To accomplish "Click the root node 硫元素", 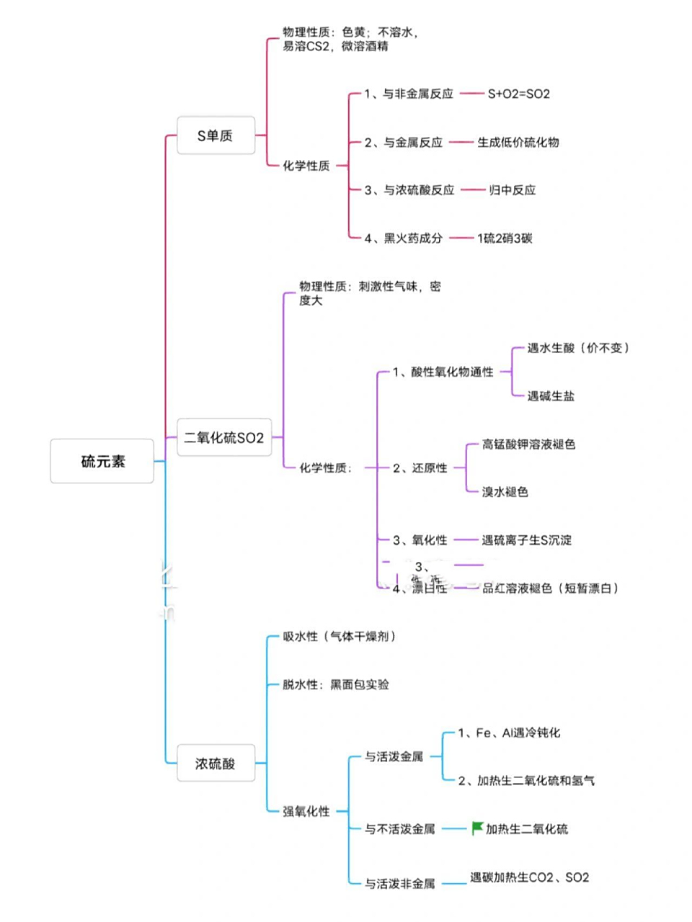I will coord(102,461).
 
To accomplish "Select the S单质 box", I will coord(216,135).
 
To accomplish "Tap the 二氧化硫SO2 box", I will coord(224,437).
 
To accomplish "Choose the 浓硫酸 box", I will coord(216,764).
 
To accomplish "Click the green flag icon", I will coord(477,828).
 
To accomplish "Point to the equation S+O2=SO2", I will coord(518,94).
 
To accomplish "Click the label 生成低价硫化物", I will coord(518,142).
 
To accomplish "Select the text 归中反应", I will coord(513,190).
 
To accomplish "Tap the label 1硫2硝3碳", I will coord(505,238).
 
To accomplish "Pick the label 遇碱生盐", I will coord(551,395).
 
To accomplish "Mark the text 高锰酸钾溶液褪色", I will coord(528,444).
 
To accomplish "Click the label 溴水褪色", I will coord(505,492).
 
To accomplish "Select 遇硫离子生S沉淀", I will coord(526,540).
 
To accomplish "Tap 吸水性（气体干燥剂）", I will coord(340,637).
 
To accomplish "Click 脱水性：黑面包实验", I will coord(336,684).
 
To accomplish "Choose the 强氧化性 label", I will coord(306,812).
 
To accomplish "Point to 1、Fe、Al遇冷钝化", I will coord(509,733).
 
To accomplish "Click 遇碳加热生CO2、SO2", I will coord(529,877).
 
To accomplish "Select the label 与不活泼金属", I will coord(399,829).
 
